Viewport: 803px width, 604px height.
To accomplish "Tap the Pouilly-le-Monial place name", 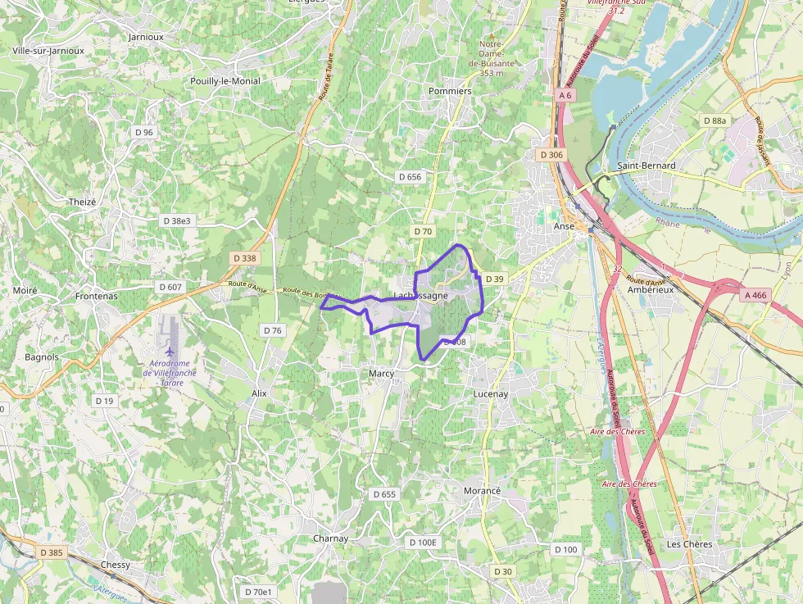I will coord(225,81).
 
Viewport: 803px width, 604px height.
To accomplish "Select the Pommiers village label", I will coord(450,91).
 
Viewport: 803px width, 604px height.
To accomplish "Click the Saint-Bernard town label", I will coord(646,166).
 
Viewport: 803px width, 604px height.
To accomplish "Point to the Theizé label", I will coord(83,202).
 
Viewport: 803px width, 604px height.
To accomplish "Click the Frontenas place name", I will coord(96,296).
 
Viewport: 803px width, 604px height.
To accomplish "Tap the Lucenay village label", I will coord(491,394).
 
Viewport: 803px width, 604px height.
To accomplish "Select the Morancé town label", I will coord(482,490).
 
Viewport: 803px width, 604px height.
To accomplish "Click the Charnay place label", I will coord(331,538).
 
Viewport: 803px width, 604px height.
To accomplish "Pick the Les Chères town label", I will coord(689,543).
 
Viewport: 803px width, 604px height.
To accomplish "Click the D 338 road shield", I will coord(244,258).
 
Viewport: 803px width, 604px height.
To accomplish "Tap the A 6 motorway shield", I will coord(566,96).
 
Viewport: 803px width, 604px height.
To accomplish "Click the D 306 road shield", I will coord(551,155).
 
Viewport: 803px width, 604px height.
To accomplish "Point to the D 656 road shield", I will coord(409,177).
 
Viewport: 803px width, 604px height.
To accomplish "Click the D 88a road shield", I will coord(715,120).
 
